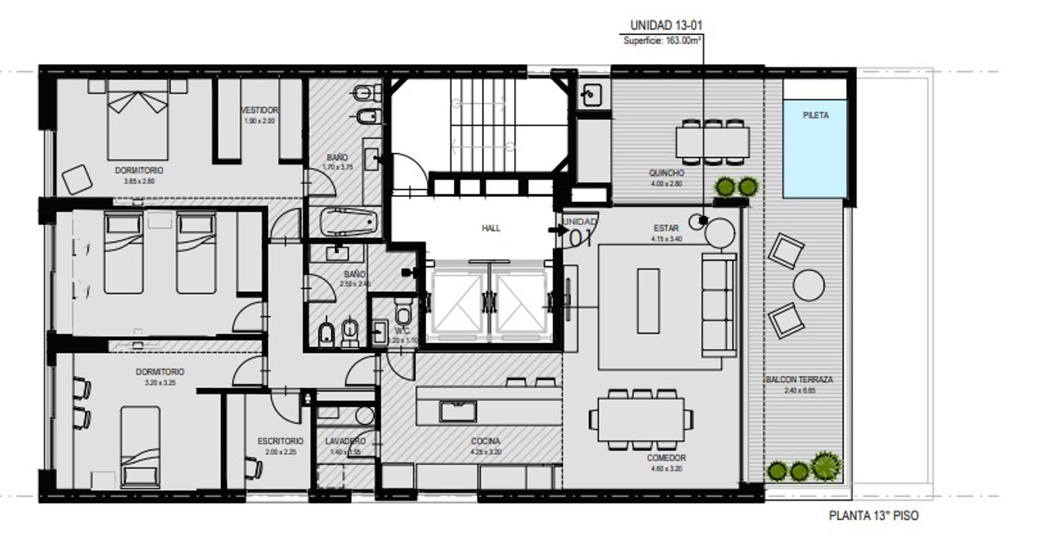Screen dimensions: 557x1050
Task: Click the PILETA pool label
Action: pos(815,116)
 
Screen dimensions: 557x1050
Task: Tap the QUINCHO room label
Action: pos(666,173)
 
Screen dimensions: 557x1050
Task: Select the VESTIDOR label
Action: pos(259,110)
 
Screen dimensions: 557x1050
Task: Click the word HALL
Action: pos(490,228)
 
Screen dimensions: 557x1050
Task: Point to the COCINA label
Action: pos(485,441)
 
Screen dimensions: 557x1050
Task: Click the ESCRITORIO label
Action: pos(280,441)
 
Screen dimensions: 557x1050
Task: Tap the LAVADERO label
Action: pos(345,441)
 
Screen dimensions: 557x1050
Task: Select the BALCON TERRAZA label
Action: pos(800,380)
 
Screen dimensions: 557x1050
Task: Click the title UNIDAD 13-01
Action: pos(666,25)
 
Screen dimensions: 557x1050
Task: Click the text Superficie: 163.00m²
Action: pos(662,41)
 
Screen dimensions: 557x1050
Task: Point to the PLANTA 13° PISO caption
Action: pos(873,516)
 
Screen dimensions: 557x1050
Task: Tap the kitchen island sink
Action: pos(458,412)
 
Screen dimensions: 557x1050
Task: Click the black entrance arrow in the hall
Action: pos(557,230)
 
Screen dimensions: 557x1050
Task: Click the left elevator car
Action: pos(456,303)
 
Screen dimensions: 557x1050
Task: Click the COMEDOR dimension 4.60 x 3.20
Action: pos(666,469)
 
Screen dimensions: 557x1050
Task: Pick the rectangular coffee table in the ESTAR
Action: pos(648,301)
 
